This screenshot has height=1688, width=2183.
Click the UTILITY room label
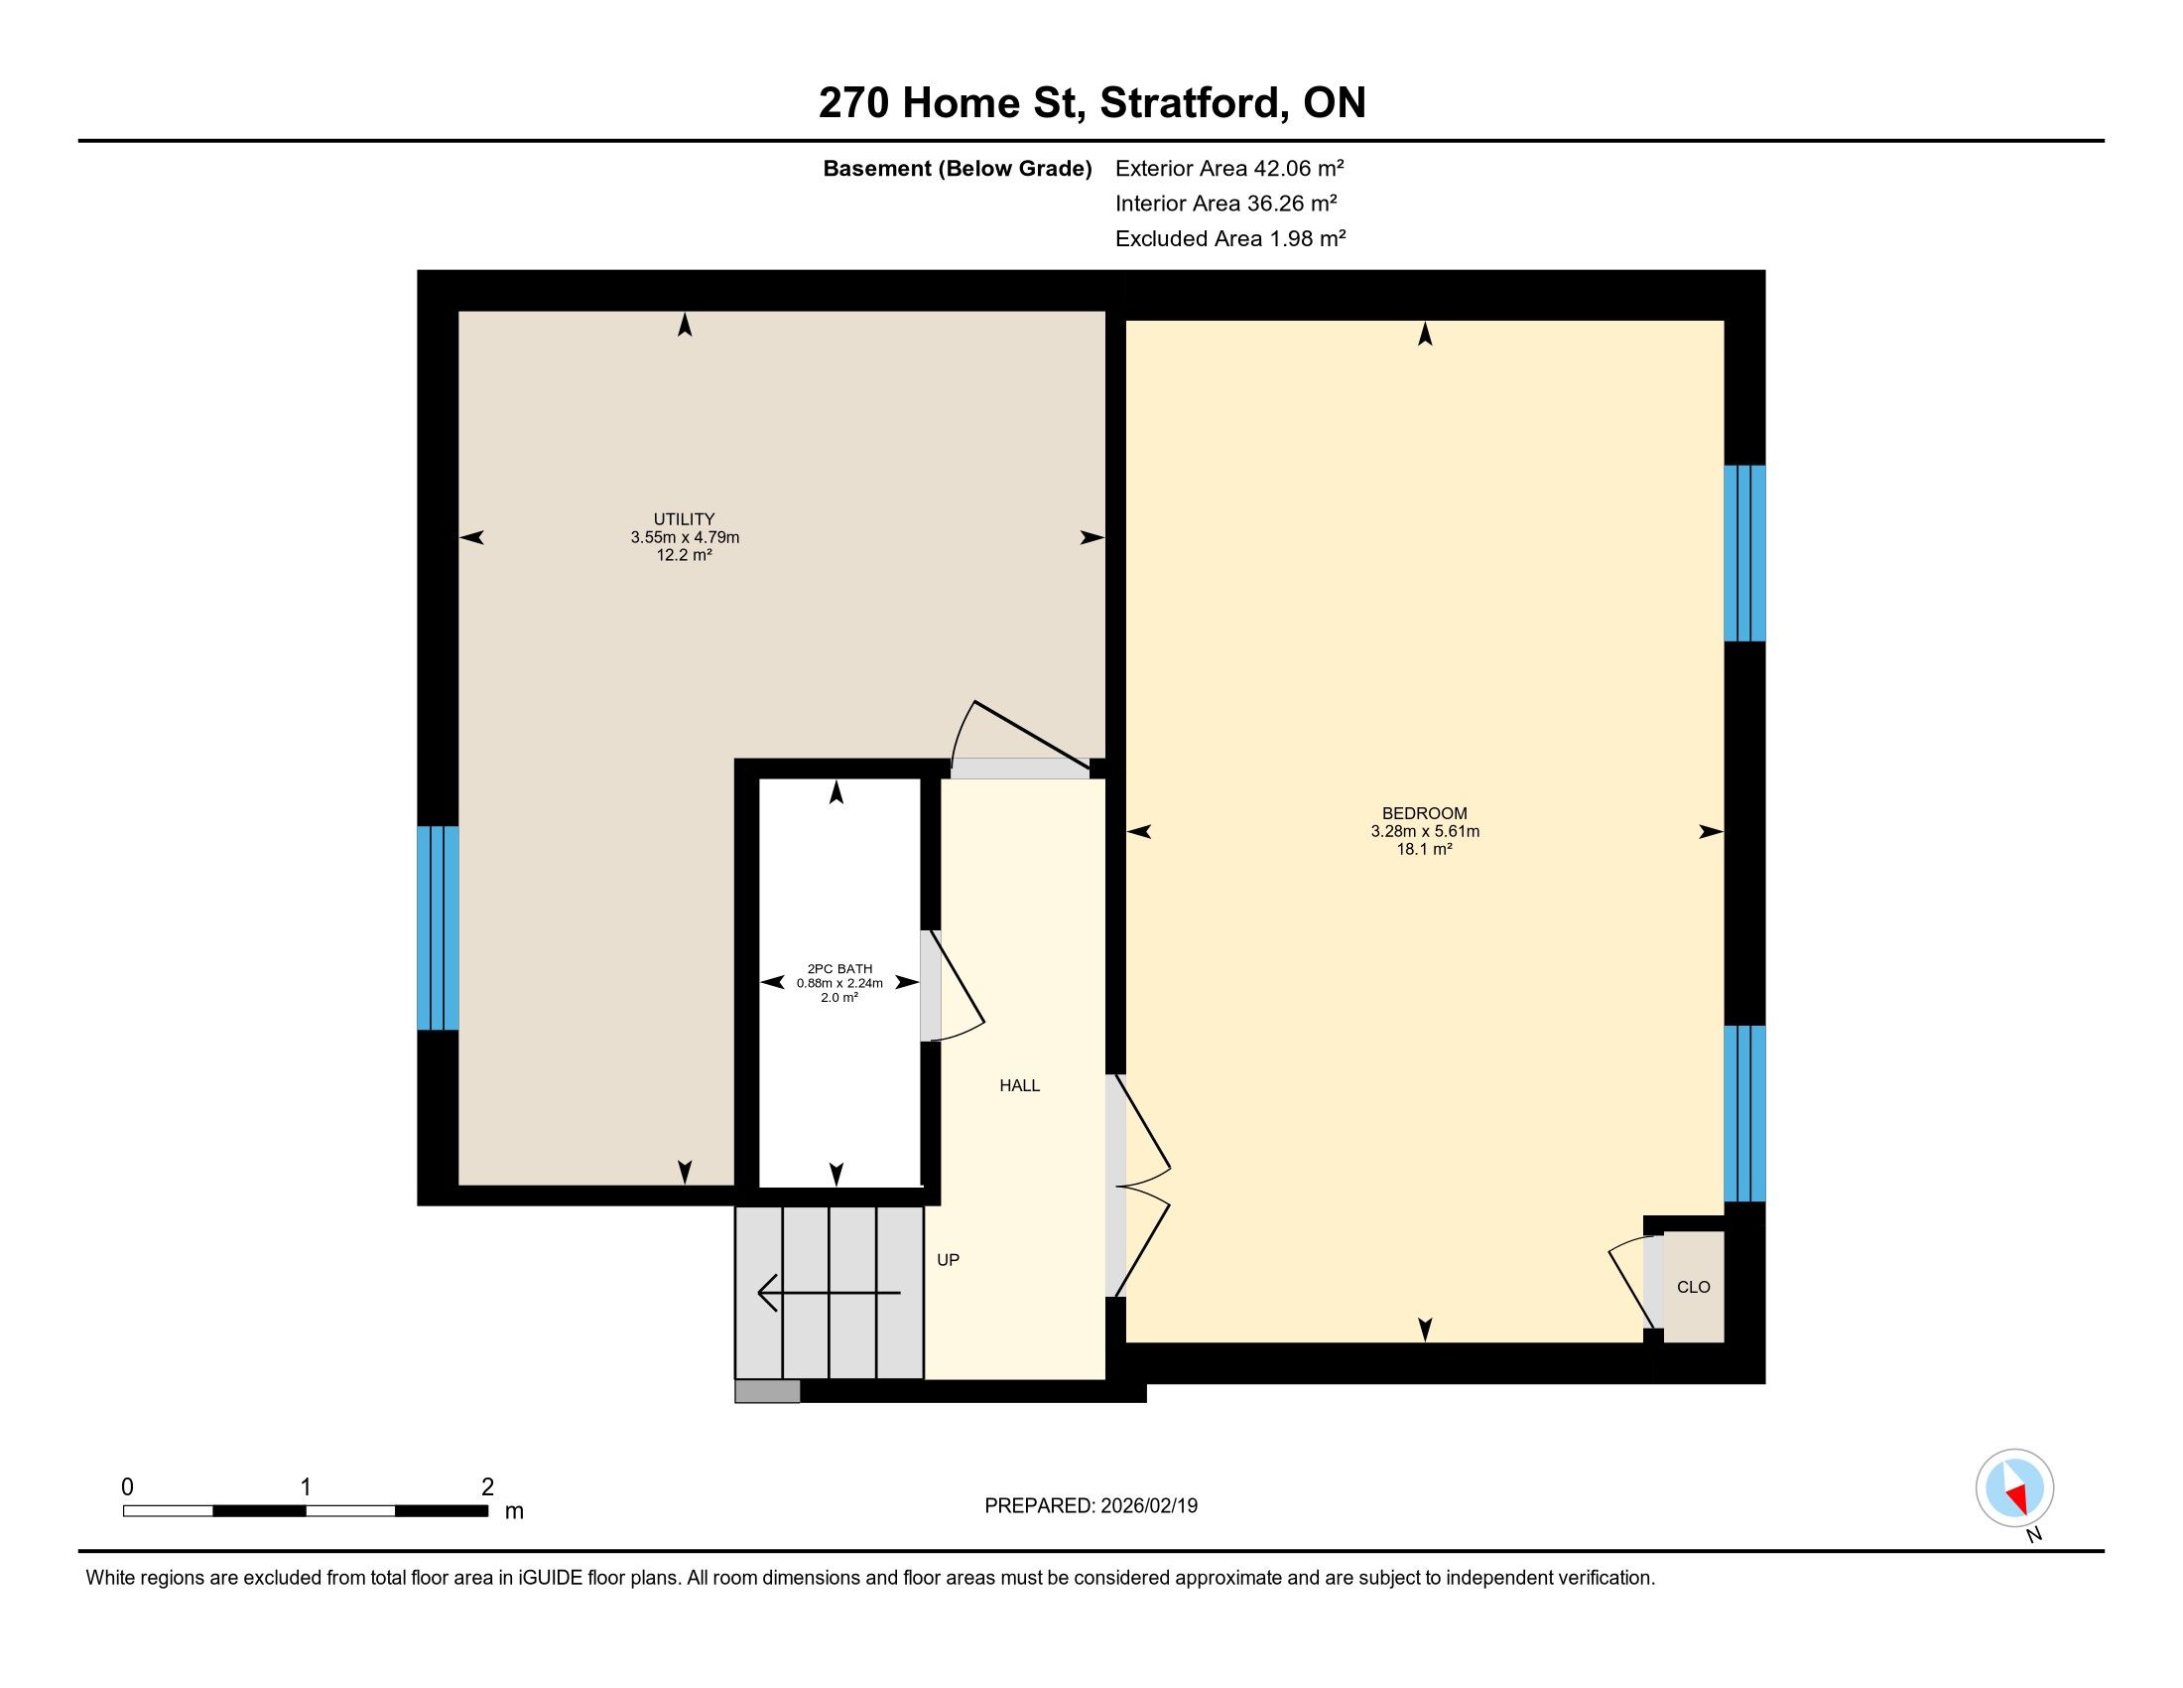(x=684, y=519)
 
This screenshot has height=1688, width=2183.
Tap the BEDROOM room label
(x=1424, y=813)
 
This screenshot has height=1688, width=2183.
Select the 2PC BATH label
(x=839, y=968)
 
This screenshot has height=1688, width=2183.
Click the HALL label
(x=1019, y=1085)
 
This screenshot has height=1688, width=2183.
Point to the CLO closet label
(x=1693, y=1287)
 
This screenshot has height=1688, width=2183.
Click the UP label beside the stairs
(x=948, y=1260)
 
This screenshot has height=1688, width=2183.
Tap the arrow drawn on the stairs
(x=829, y=1293)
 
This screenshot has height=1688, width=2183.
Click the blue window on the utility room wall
(x=438, y=928)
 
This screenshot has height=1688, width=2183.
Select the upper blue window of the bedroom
(x=1744, y=553)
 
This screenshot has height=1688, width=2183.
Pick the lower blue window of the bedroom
(x=1744, y=1113)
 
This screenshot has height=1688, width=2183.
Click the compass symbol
(x=2015, y=1488)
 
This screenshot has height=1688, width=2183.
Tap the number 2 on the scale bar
(x=488, y=1487)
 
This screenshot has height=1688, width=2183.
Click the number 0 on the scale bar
(x=127, y=1487)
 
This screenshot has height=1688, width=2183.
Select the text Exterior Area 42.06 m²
(x=1229, y=168)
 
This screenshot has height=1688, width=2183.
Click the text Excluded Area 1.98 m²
(x=1230, y=238)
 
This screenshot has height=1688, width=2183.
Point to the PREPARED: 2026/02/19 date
(x=1091, y=1506)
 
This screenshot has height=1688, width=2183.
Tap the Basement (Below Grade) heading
(x=957, y=168)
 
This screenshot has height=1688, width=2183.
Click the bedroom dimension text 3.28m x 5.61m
(x=1424, y=831)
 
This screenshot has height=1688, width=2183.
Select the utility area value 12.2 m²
(x=684, y=555)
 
